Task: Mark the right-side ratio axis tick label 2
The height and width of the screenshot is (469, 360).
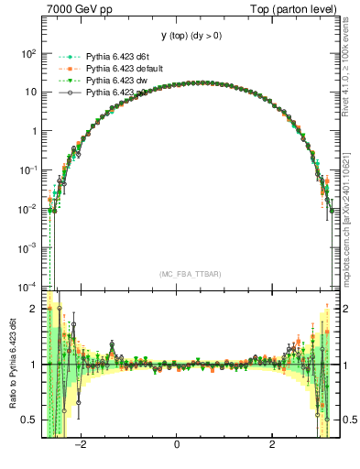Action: (344, 309)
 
